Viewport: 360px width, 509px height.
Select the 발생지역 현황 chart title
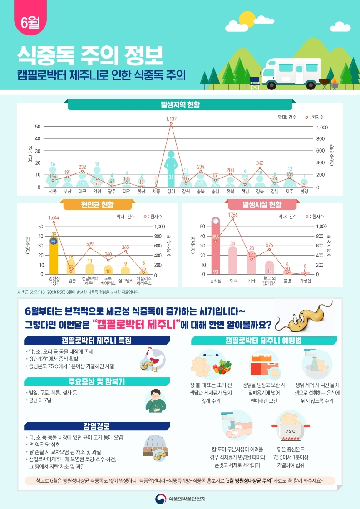tap(180, 104)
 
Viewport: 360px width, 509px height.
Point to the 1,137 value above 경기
tap(171, 118)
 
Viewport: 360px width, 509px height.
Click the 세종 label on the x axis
tap(156, 192)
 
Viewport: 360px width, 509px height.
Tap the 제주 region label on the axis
tap(290, 192)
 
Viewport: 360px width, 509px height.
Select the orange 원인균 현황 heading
tap(98, 205)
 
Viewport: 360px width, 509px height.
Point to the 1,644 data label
tap(54, 218)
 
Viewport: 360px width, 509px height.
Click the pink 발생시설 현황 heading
tap(262, 205)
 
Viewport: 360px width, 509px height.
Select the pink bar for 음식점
tap(216, 247)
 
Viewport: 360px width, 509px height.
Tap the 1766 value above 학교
tap(233, 214)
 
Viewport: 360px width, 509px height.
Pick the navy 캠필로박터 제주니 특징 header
tap(97, 341)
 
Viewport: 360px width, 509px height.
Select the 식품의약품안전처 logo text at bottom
tap(187, 498)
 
